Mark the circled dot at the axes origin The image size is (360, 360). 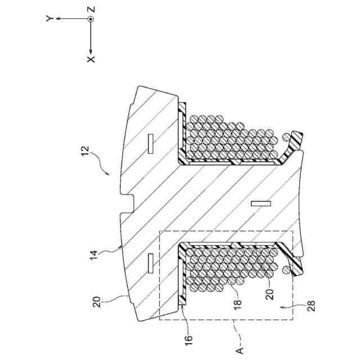(91, 19)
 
